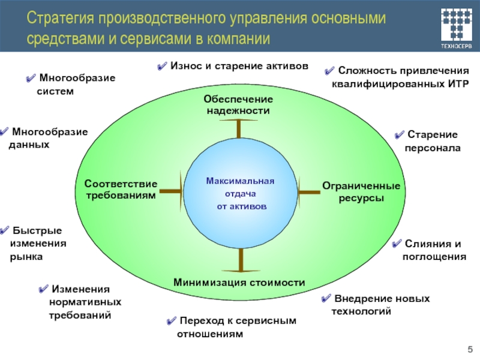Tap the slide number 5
(x=469, y=349)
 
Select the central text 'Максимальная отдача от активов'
(x=240, y=193)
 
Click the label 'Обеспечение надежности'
(x=238, y=105)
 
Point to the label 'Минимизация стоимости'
(x=239, y=282)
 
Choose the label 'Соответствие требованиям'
(x=121, y=189)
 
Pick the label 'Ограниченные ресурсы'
(x=361, y=191)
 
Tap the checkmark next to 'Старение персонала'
(x=399, y=135)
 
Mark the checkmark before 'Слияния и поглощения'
(x=397, y=245)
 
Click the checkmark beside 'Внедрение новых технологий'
(x=325, y=299)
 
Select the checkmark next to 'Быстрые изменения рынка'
(x=5, y=231)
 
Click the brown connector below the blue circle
(x=241, y=260)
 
